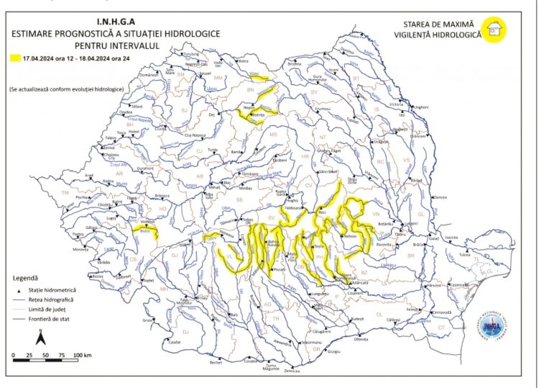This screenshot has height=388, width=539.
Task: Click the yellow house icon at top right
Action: coord(493,30)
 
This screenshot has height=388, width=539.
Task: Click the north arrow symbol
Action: coord(42,336)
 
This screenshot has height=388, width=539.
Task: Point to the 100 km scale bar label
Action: coord(82,356)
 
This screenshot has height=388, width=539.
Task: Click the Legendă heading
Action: coord(26,277)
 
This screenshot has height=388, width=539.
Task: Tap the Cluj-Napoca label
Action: coord(196,135)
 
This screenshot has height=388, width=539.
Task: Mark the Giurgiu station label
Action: coord(333,352)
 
